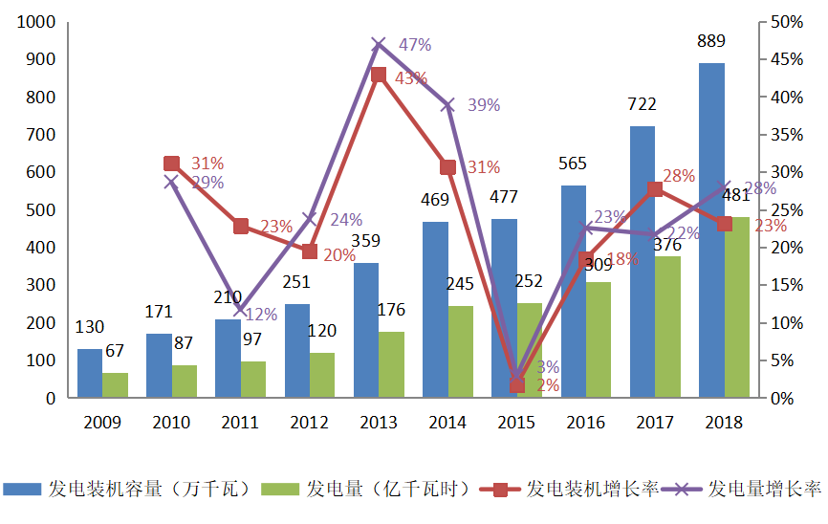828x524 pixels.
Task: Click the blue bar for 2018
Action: pyautogui.click(x=711, y=229)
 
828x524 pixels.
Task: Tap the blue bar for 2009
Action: pyautogui.click(x=90, y=373)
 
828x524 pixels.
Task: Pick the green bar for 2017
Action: pyautogui.click(x=667, y=326)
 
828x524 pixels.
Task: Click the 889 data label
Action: pyautogui.click(x=711, y=41)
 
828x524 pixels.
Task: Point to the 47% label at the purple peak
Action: pyautogui.click(x=415, y=44)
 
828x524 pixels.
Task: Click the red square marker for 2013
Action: pyautogui.click(x=379, y=75)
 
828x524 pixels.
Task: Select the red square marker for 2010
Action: pyautogui.click(x=172, y=164)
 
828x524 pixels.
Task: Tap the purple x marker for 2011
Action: pyautogui.click(x=241, y=308)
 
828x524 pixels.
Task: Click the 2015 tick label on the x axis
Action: pyautogui.click(x=516, y=422)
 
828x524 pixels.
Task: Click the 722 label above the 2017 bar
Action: pyautogui.click(x=643, y=103)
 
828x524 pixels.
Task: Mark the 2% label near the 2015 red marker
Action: pyautogui.click(x=547, y=384)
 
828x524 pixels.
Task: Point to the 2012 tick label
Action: pyautogui.click(x=310, y=422)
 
